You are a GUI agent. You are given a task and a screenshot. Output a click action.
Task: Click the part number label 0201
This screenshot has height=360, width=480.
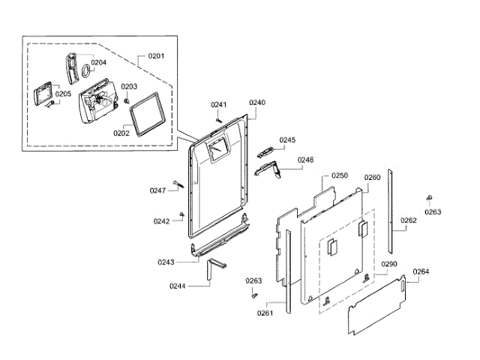(x=156, y=56)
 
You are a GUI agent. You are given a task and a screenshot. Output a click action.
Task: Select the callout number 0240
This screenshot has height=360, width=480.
(x=257, y=102)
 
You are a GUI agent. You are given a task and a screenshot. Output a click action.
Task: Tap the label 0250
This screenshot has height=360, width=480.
(x=339, y=175)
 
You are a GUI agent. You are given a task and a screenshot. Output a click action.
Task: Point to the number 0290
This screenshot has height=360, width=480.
(x=388, y=265)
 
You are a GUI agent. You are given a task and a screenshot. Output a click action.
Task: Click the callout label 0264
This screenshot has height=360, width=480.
(x=421, y=271)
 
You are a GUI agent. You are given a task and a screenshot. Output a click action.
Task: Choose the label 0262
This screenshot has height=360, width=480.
(x=408, y=220)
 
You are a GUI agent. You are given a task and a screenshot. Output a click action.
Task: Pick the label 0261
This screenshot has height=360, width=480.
(x=265, y=313)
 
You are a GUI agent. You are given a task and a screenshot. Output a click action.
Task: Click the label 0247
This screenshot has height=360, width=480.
(x=157, y=190)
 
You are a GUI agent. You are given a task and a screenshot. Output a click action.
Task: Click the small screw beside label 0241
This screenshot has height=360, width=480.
(x=218, y=118)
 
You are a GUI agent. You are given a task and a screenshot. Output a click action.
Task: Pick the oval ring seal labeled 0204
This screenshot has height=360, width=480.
(x=87, y=72)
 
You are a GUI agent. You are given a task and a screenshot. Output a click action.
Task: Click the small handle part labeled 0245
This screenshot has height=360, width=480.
(x=265, y=152)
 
